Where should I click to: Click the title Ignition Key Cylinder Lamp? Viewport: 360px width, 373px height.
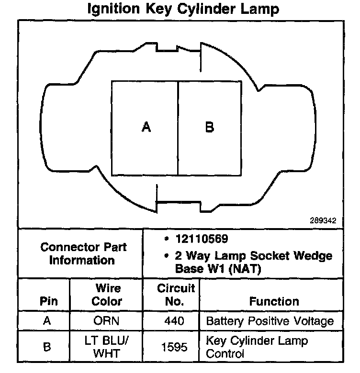click(x=183, y=9)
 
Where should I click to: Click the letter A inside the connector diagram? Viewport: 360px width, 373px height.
click(x=147, y=127)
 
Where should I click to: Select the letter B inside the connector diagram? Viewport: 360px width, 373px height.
click(x=209, y=127)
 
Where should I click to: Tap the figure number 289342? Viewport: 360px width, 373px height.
click(x=323, y=221)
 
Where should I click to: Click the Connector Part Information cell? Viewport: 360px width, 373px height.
click(x=84, y=253)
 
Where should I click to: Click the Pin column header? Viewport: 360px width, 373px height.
click(x=47, y=301)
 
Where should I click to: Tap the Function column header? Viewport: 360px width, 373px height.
click(x=274, y=301)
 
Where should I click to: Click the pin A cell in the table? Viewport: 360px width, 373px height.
click(x=47, y=321)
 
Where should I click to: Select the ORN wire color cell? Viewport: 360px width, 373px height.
click(x=107, y=321)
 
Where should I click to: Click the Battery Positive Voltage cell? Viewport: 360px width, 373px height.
click(x=269, y=321)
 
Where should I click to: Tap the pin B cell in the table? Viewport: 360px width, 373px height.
click(x=47, y=347)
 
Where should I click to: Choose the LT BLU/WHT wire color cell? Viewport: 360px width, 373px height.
click(x=107, y=347)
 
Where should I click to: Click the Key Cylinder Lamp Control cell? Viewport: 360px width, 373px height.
click(x=257, y=347)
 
